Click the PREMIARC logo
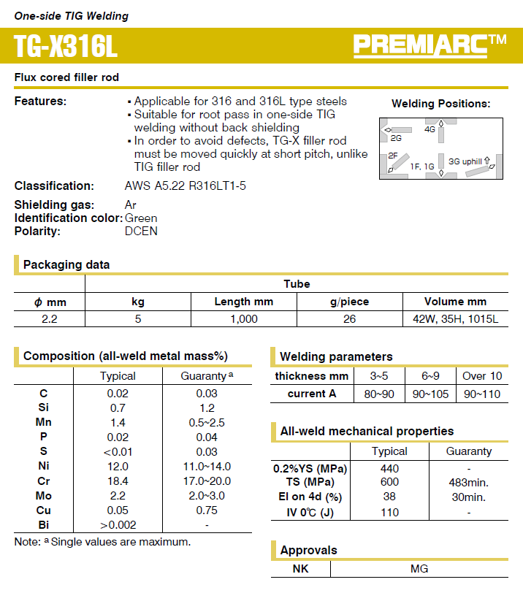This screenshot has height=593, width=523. (x=430, y=45)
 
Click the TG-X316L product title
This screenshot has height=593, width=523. (x=65, y=47)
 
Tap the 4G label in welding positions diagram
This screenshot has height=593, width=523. (x=430, y=129)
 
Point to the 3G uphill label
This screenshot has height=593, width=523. (x=465, y=161)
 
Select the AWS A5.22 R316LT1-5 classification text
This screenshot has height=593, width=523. (x=186, y=185)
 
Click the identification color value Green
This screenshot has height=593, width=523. (x=141, y=218)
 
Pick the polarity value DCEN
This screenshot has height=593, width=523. (x=141, y=231)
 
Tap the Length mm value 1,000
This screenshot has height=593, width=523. (x=243, y=318)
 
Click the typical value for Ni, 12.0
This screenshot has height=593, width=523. (x=117, y=466)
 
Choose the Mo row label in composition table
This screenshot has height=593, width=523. (x=44, y=495)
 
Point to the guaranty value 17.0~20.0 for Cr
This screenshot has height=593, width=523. (x=207, y=481)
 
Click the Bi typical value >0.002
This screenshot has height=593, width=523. (x=117, y=524)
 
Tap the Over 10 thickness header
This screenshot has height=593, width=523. (x=482, y=376)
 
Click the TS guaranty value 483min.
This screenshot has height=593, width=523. (x=468, y=482)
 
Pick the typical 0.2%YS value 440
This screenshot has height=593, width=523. (x=389, y=468)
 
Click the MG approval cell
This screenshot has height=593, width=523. (x=419, y=568)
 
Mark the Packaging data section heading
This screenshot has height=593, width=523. (x=66, y=264)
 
